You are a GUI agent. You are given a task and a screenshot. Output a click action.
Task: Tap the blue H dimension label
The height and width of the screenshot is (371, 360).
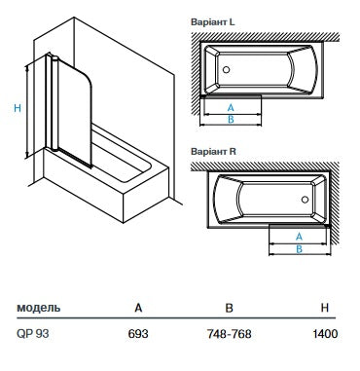(x=17, y=108)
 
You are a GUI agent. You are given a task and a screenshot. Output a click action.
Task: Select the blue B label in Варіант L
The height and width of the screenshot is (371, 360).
(x=229, y=120)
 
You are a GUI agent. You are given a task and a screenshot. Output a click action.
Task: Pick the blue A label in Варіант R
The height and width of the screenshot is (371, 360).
(x=297, y=237)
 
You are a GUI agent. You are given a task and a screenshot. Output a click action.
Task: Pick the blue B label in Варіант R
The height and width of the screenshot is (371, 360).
(x=297, y=249)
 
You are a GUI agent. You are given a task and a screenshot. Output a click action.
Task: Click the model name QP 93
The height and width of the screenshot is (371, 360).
(x=32, y=335)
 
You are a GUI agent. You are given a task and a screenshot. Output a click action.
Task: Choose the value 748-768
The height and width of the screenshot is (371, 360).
(x=231, y=335)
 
